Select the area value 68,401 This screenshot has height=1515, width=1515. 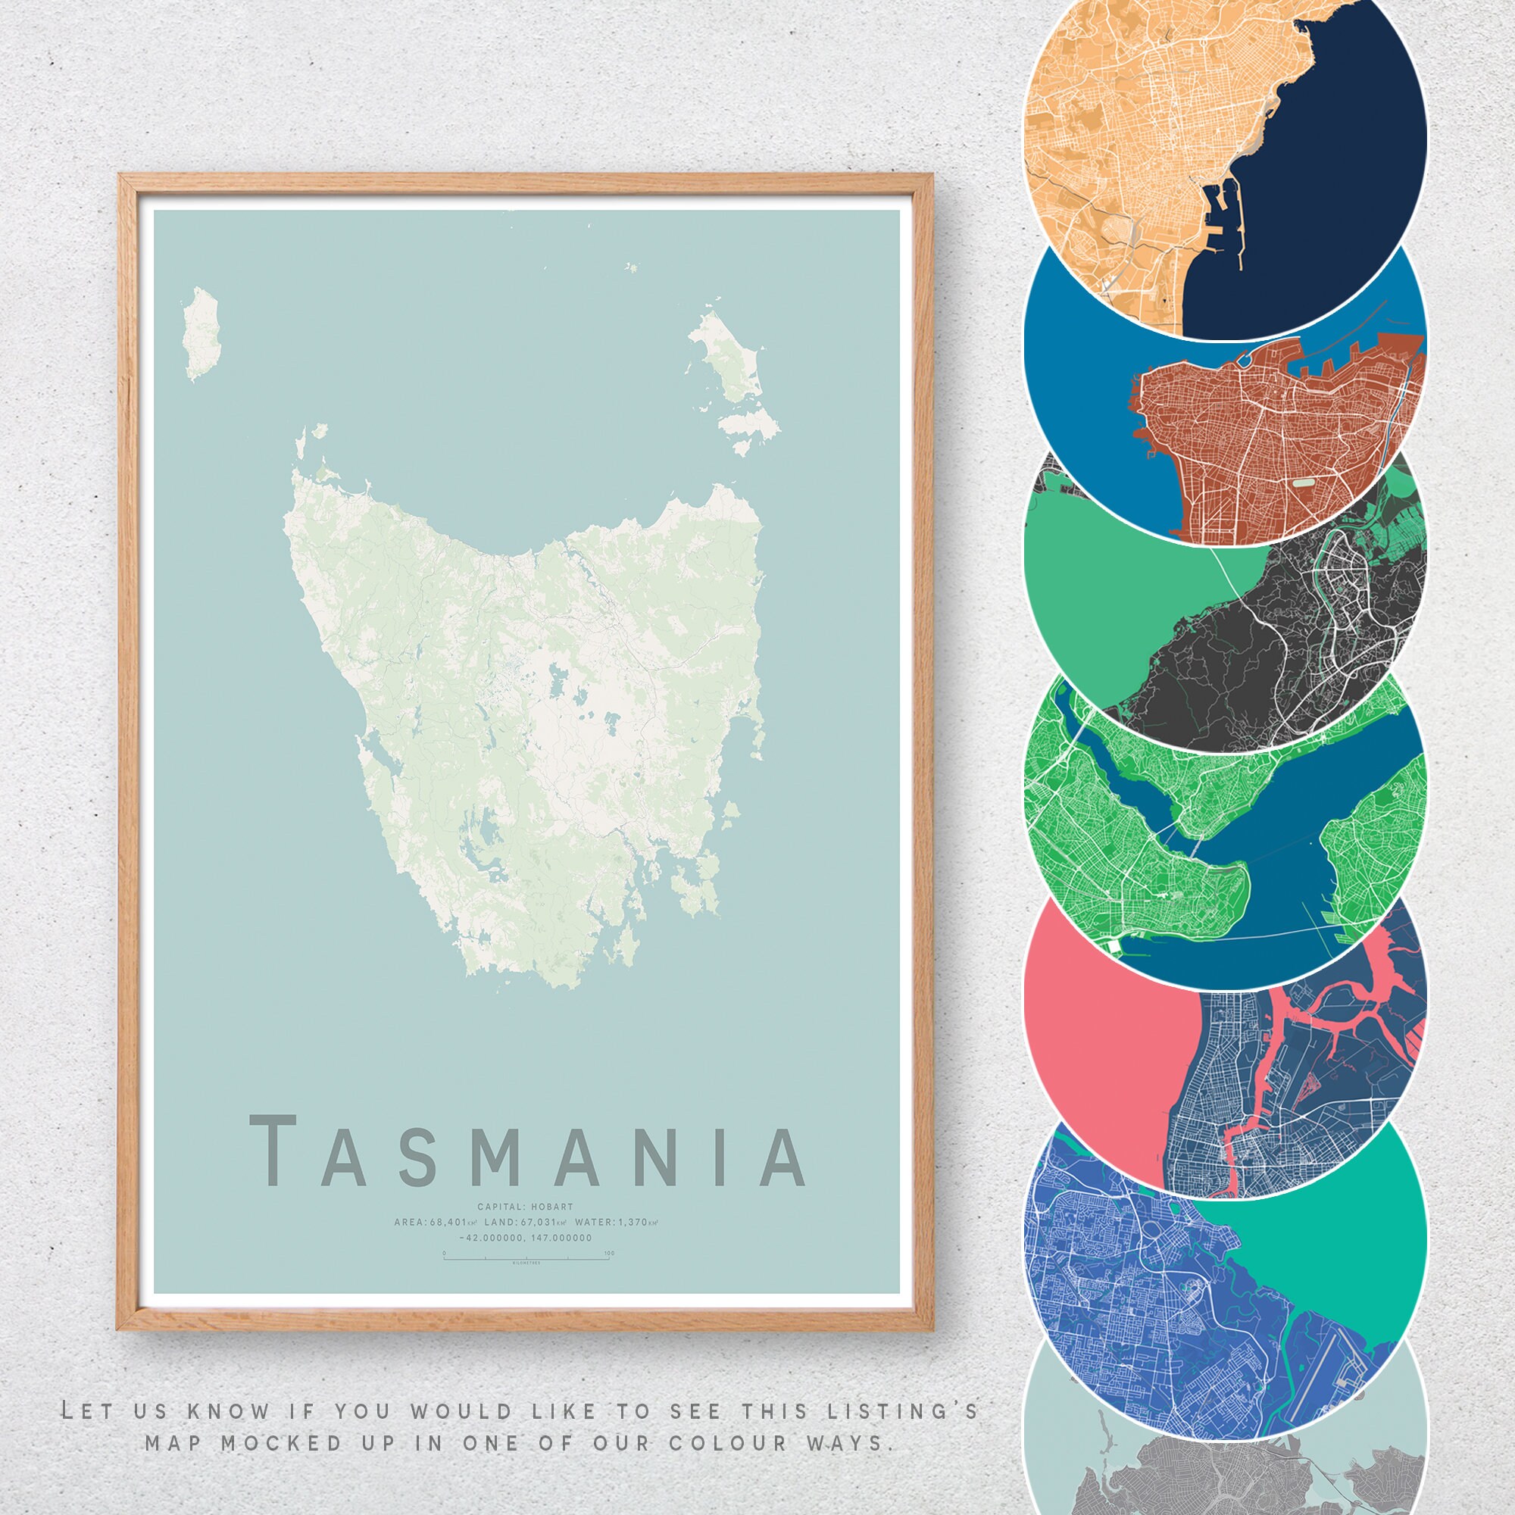(x=448, y=1223)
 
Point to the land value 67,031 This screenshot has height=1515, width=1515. (x=539, y=1223)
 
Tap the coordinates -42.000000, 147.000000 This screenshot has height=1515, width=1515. (x=526, y=1239)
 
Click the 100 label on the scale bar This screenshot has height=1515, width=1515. (x=609, y=1253)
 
